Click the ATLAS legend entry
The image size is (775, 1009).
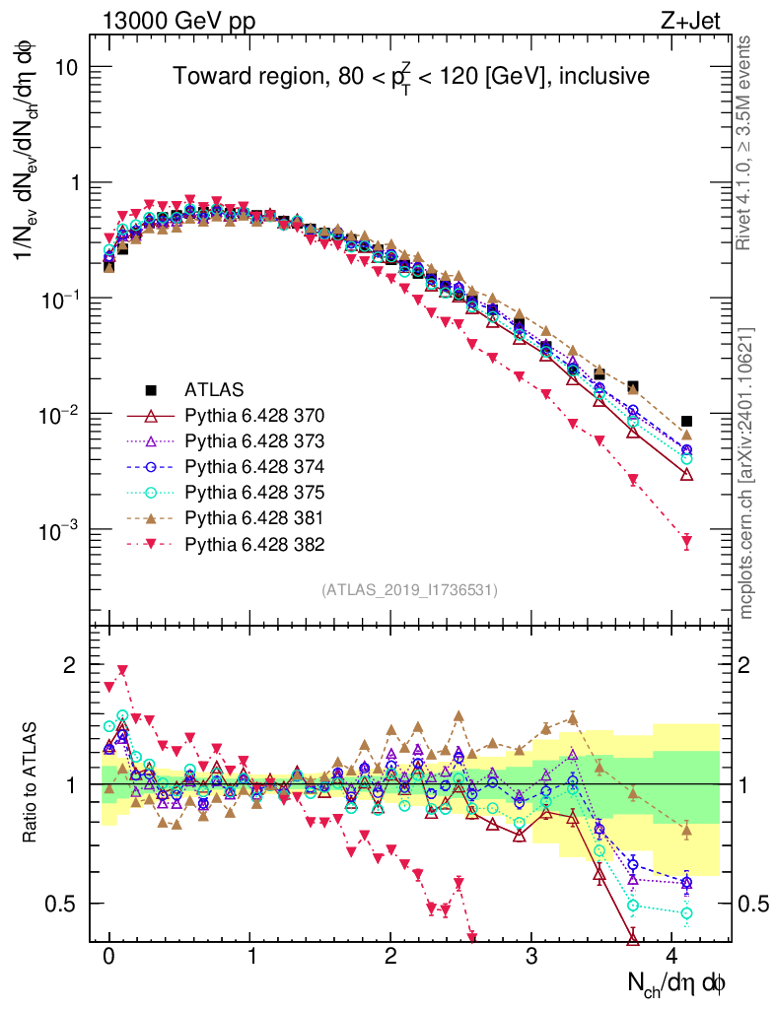pos(213,389)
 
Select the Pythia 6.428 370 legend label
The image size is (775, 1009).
pos(255,415)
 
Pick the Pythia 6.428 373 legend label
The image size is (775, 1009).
pos(255,440)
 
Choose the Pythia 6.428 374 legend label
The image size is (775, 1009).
pos(255,466)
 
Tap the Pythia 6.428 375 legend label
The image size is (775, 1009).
pos(255,492)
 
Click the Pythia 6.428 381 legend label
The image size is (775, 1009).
pos(255,517)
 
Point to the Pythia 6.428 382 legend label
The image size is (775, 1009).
pos(255,543)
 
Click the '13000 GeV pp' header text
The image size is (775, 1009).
pos(177,19)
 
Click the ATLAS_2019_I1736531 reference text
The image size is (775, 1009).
pos(409,590)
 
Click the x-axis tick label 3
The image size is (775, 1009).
pos(531,957)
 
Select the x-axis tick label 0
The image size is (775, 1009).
pos(108,957)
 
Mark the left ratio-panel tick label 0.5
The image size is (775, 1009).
pos(63,904)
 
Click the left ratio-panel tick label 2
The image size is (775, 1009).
pos(69,665)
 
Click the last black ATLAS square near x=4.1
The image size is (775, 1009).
pos(687,422)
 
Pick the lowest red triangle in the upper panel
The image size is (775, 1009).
pos(687,541)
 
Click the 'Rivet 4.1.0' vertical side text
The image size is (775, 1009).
pos(746,148)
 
